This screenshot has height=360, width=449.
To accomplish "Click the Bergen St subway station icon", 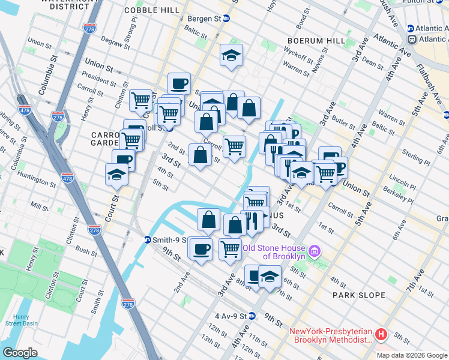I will point(226,19).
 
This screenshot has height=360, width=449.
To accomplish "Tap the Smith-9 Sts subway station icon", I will point(147,240).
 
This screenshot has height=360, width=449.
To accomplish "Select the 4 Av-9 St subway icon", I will point(253,316).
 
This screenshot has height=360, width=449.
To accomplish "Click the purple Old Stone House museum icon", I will point(315,250).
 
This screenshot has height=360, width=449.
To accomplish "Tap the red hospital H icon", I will point(380,334).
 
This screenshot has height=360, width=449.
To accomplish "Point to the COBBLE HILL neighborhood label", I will point(151,10).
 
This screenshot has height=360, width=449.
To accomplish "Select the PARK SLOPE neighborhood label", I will point(358,295).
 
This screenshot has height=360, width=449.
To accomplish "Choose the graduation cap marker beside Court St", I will point(116,174).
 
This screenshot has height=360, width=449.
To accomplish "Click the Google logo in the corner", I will point(20,353).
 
